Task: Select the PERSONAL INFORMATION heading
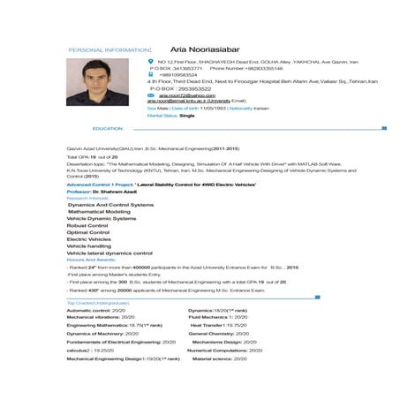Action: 109,51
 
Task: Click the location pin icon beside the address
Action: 150,62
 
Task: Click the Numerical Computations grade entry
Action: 226,351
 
